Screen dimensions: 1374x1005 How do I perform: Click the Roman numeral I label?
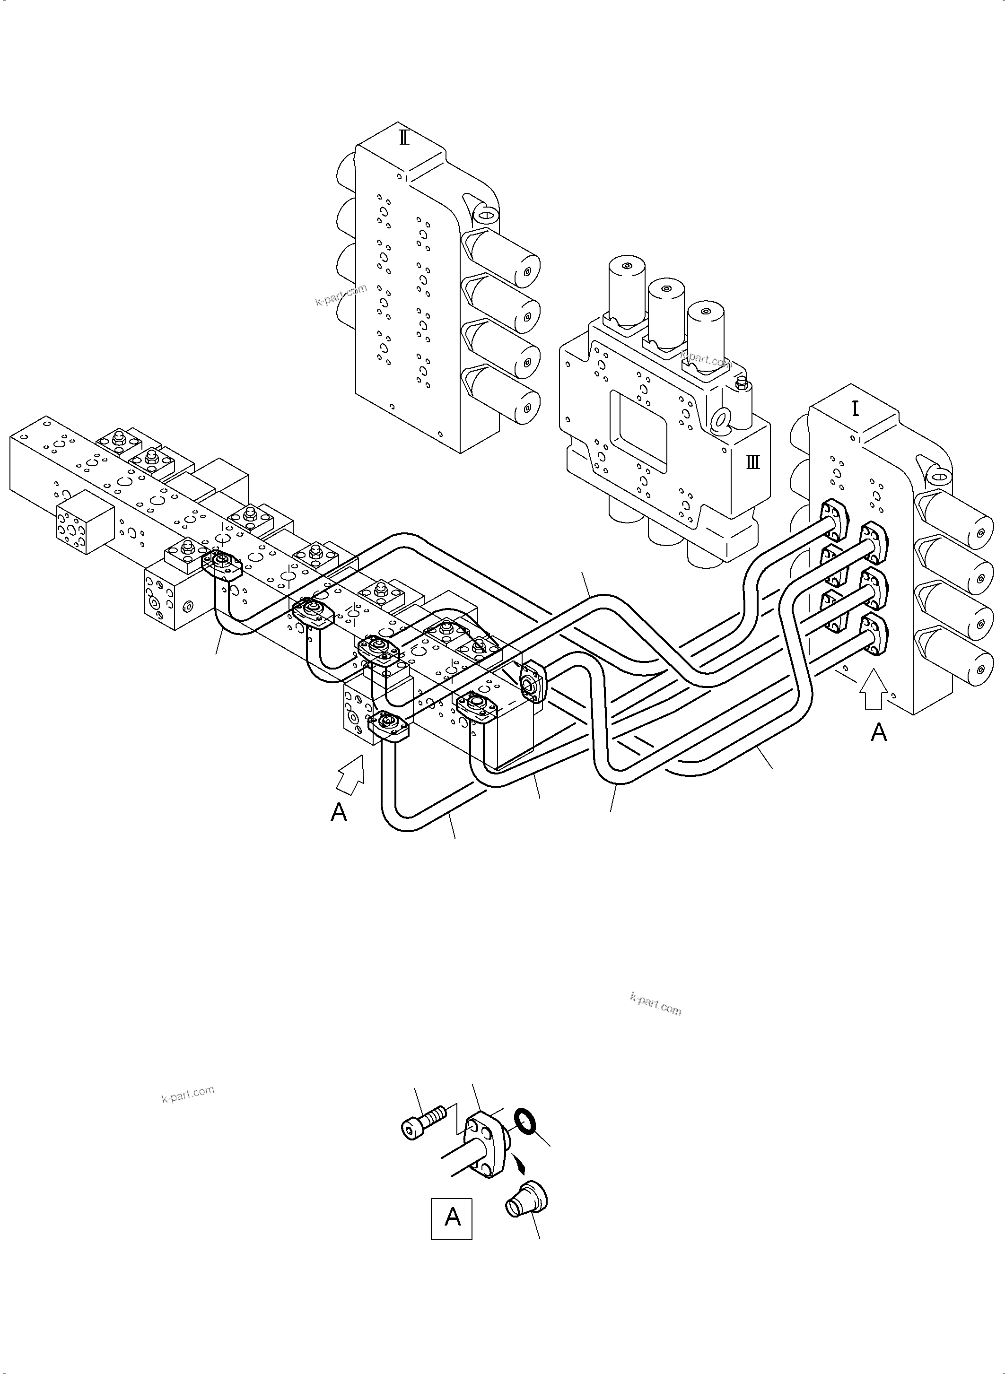pos(856,409)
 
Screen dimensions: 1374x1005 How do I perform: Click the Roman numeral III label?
pos(753,462)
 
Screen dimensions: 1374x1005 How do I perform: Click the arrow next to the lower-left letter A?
pos(351,775)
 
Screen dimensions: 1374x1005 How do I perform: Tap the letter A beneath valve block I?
pos(878,733)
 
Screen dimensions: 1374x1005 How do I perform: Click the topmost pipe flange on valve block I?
pos(834,519)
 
